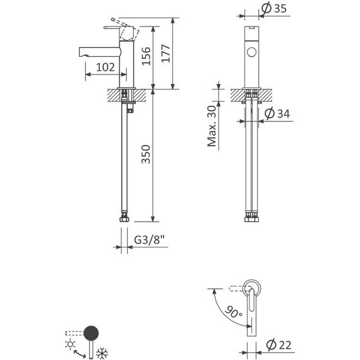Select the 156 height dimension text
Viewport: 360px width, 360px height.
coord(145,56)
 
